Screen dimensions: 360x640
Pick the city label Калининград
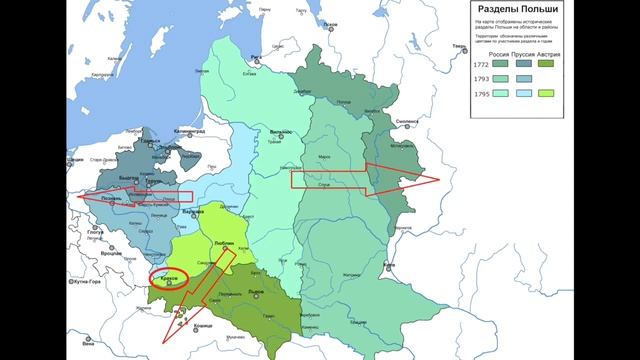[x=185, y=130]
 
